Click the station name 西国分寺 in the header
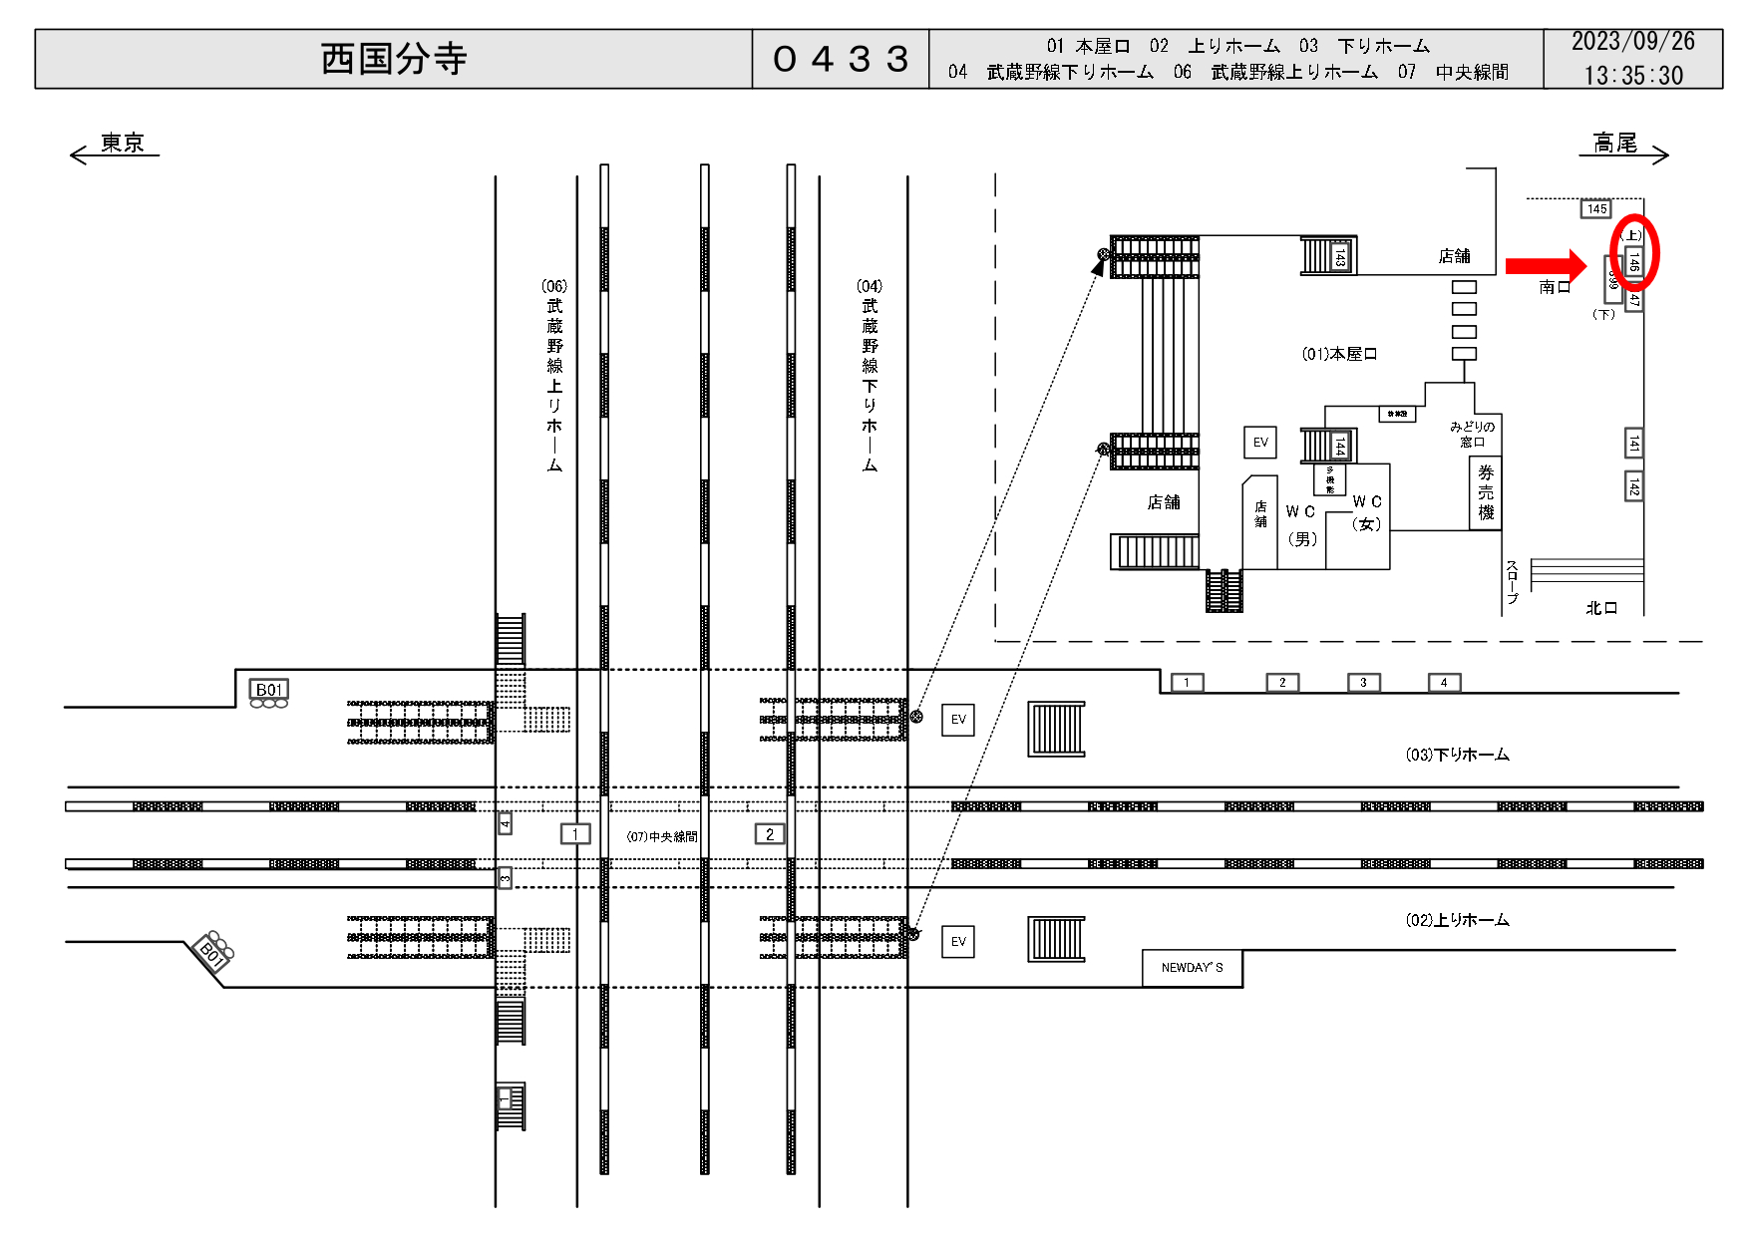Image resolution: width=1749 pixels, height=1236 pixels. [x=394, y=59]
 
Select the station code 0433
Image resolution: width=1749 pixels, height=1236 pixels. [x=841, y=59]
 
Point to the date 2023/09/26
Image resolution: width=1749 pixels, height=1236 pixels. [x=1632, y=42]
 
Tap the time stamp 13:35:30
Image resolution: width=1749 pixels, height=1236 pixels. [x=1632, y=75]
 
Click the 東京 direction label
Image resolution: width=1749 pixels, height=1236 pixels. [x=123, y=144]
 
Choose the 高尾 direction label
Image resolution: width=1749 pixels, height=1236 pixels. [x=1614, y=144]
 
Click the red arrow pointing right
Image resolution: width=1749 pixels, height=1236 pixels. [x=1545, y=265]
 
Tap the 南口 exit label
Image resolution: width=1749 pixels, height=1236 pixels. [x=1555, y=287]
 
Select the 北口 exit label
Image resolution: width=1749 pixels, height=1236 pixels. [x=1601, y=608]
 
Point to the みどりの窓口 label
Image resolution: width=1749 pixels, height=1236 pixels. [x=1472, y=434]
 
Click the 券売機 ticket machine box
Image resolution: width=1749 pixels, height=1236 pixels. [x=1486, y=492]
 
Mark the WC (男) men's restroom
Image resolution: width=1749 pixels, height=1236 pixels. [x=1301, y=525]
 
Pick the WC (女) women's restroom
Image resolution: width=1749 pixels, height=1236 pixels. [x=1367, y=512]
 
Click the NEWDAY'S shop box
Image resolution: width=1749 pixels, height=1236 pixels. [x=1192, y=968]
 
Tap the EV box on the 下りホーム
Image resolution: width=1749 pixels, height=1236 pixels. [x=958, y=720]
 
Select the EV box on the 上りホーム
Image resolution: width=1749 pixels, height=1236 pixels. [x=958, y=942]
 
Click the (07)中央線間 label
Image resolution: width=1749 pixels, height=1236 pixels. [x=662, y=836]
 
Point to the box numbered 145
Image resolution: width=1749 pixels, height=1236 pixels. [x=1596, y=209]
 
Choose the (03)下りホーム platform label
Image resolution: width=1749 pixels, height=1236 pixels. [x=1457, y=756]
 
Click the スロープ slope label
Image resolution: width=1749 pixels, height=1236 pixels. [x=1512, y=582]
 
